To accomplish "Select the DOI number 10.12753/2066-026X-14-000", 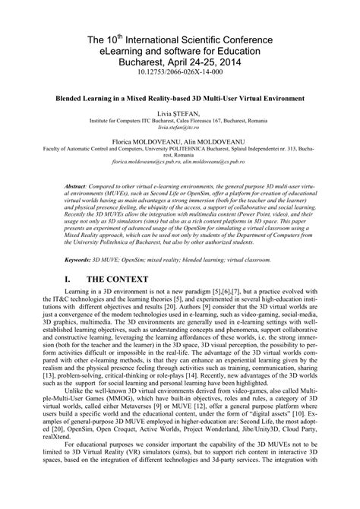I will [181, 77].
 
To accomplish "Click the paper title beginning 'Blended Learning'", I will [181, 99].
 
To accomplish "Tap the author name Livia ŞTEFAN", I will [181, 112].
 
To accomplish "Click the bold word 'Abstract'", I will [77, 185].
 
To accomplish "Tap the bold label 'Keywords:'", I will [78, 259].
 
